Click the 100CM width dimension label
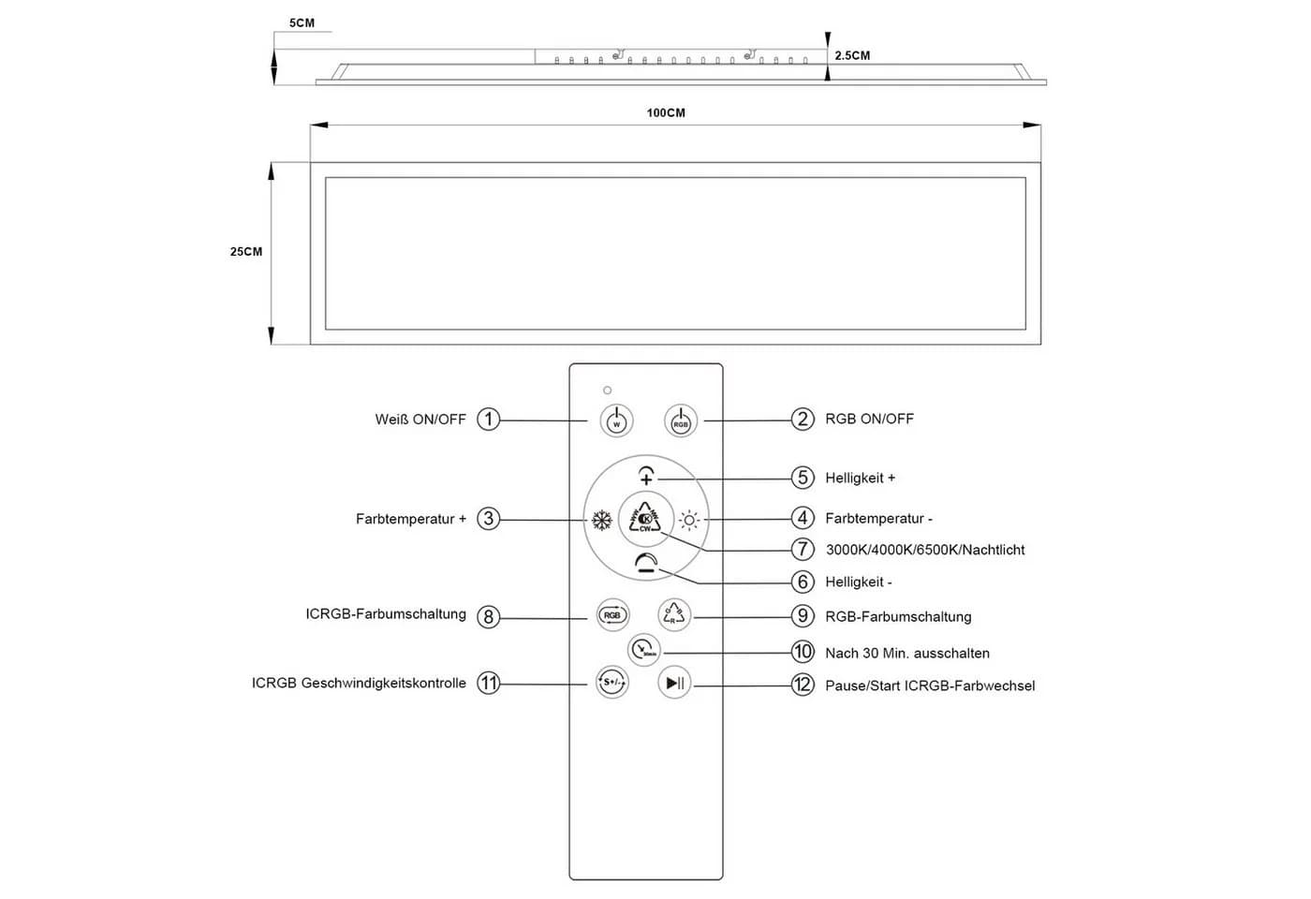pos(666,113)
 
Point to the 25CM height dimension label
pos(245,252)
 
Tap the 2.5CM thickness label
pos(852,55)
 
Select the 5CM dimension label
pos(302,22)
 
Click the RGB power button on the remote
pos(681,420)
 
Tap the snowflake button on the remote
pos(601,520)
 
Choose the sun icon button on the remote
pos(689,520)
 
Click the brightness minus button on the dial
pos(646,562)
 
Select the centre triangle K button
pos(645,519)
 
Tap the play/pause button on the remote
pos(674,683)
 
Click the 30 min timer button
pos(644,650)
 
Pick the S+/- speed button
pos(612,682)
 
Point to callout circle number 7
pos(803,549)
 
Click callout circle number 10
pos(803,652)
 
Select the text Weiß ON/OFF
pos(420,420)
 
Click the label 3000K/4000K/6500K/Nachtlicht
pos(925,551)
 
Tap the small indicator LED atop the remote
pos(607,391)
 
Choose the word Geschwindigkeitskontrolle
pos(383,684)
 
